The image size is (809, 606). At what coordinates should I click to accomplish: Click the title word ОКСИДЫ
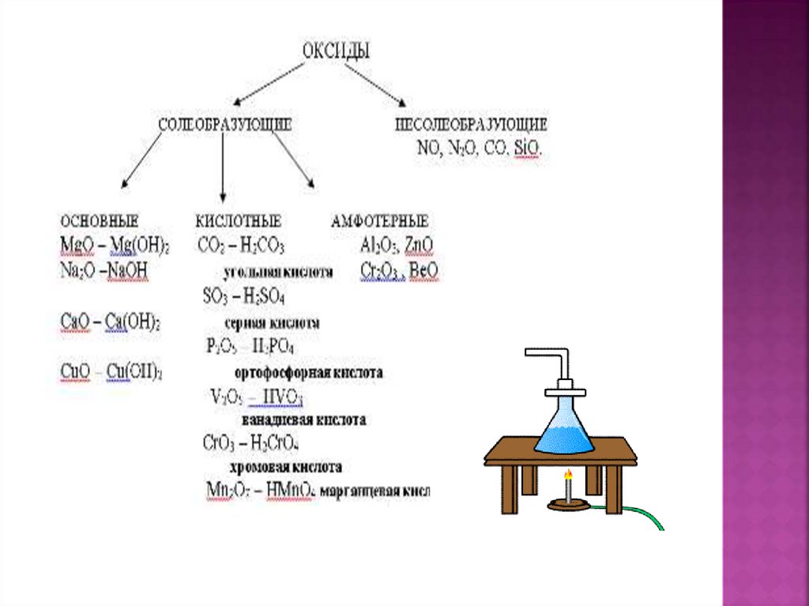pyautogui.click(x=337, y=50)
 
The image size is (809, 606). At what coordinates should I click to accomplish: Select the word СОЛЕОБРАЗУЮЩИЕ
pyautogui.click(x=225, y=125)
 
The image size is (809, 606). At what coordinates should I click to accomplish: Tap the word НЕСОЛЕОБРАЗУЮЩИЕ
pyautogui.click(x=471, y=125)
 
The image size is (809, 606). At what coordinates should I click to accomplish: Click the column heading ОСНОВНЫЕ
pyautogui.click(x=100, y=221)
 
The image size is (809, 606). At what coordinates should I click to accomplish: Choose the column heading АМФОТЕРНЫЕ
pyautogui.click(x=380, y=221)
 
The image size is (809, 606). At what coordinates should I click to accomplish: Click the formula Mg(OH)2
pyautogui.click(x=140, y=246)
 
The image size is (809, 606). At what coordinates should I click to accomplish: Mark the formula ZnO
pyautogui.click(x=418, y=245)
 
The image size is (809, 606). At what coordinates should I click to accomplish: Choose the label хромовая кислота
pyautogui.click(x=285, y=467)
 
